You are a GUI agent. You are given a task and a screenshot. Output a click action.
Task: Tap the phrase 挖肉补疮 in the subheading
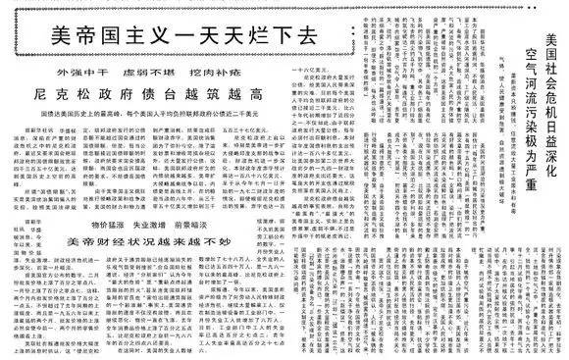point(213,73)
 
